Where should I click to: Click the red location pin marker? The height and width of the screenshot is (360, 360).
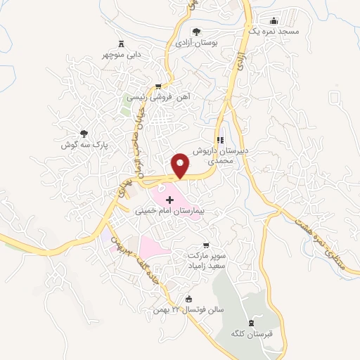(181, 164)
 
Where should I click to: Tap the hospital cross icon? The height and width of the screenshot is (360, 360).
(169, 200)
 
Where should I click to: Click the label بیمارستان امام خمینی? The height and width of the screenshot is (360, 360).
(169, 210)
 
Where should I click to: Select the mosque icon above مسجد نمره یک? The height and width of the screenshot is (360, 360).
(273, 21)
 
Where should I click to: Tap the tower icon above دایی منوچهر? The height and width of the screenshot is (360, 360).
(121, 43)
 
